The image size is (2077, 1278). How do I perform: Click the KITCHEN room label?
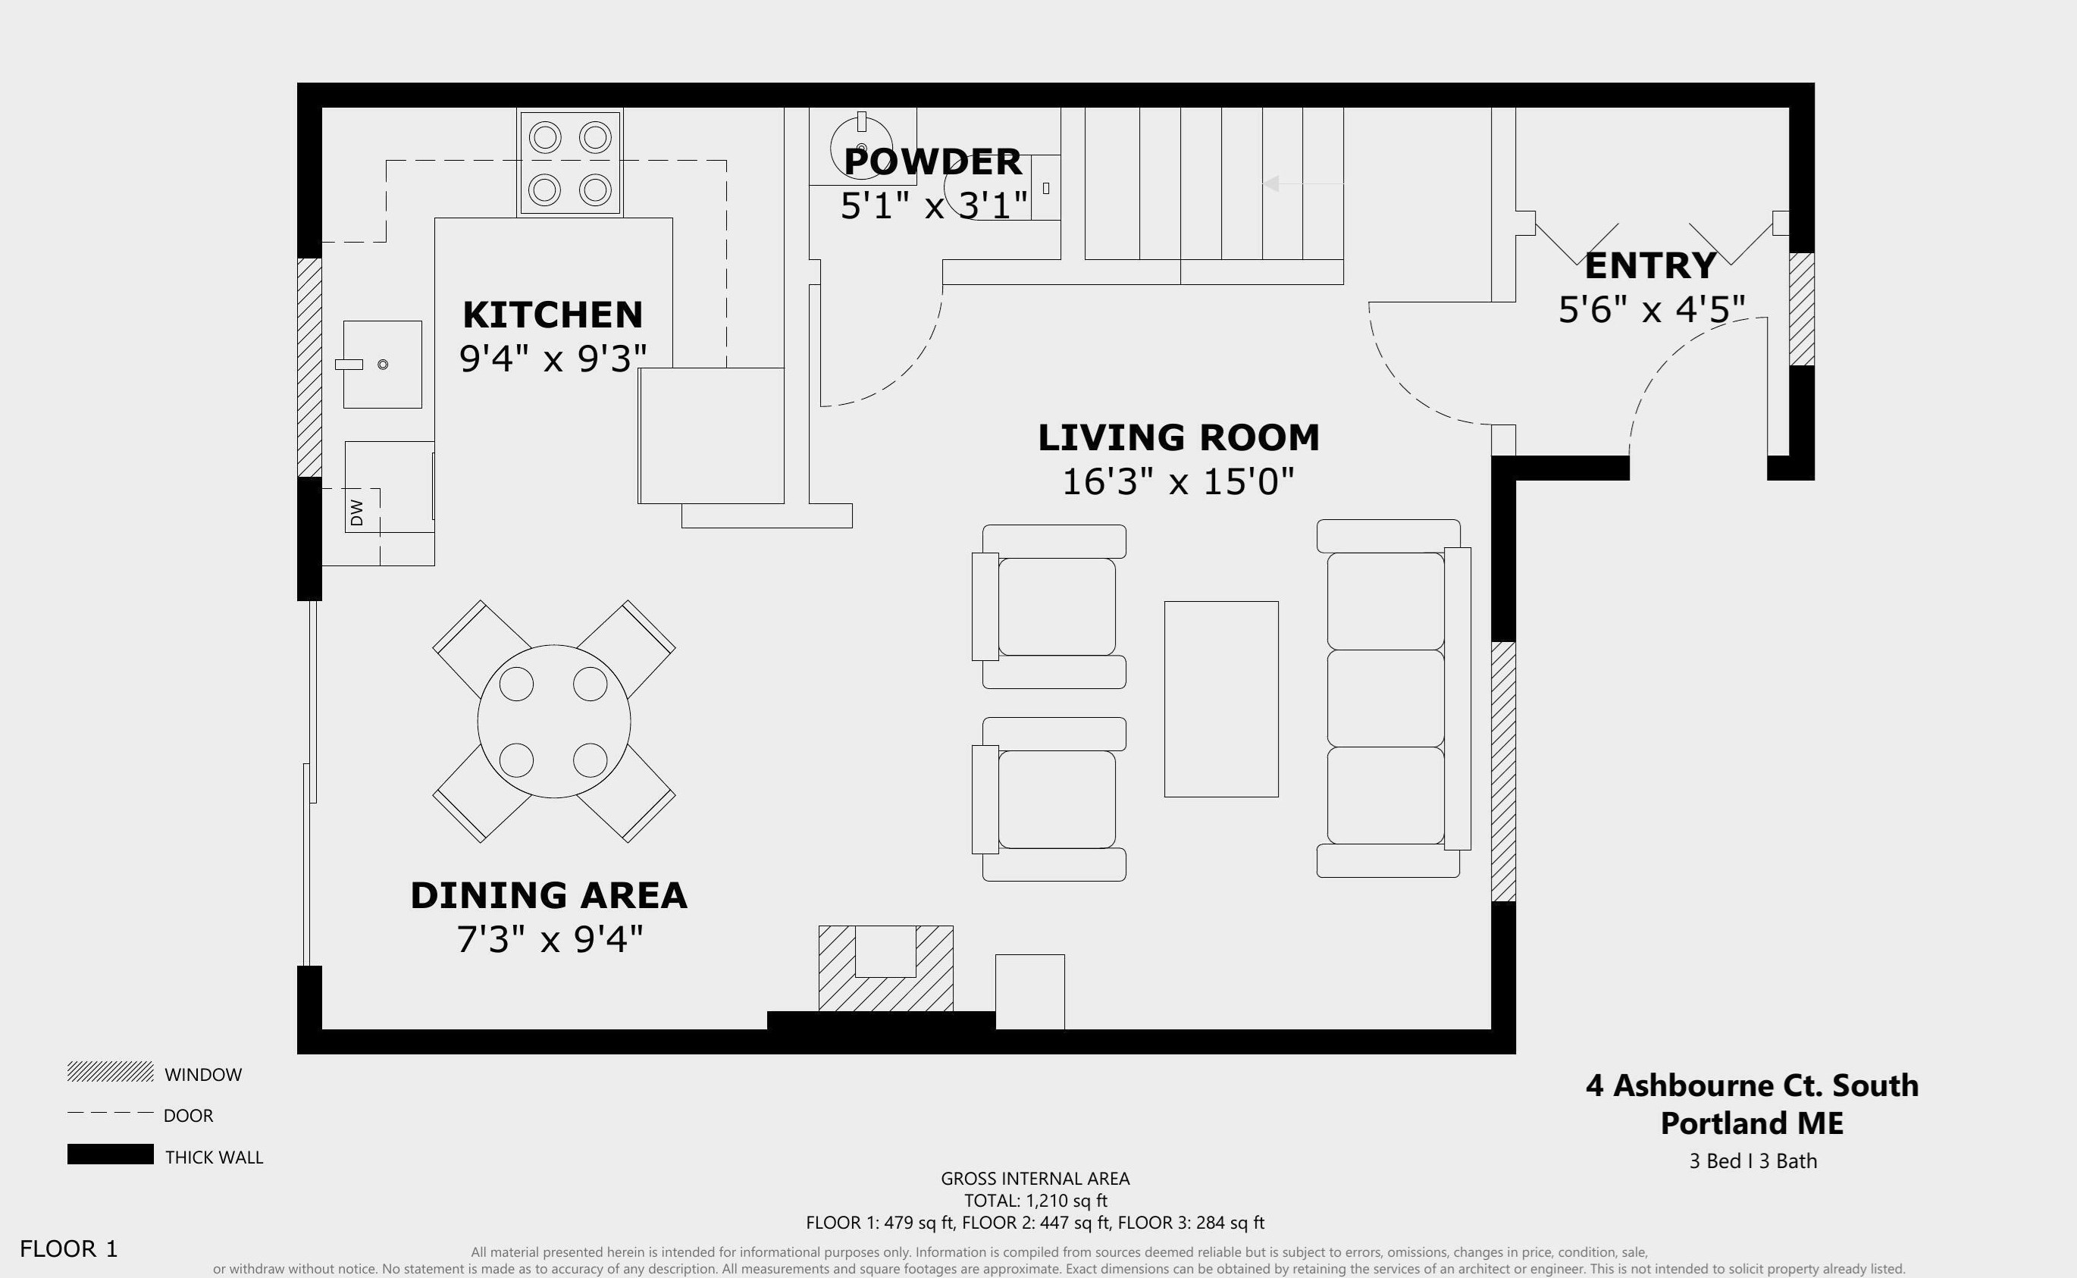tap(553, 315)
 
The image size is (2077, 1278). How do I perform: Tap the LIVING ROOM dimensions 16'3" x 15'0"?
tap(1178, 482)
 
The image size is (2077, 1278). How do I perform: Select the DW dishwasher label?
tap(356, 512)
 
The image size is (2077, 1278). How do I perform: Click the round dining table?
tap(553, 721)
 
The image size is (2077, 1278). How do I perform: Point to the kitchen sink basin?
tap(382, 365)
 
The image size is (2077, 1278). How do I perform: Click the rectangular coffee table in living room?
tap(1221, 699)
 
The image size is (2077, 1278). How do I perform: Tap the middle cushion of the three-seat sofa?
tap(1385, 698)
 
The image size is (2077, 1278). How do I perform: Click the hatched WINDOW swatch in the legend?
tap(110, 1073)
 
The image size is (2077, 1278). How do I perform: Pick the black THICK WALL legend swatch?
tap(110, 1154)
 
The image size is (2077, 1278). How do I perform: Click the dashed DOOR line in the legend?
tap(110, 1114)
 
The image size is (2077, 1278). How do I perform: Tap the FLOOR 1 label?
tap(68, 1248)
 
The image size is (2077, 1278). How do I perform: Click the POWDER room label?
tap(933, 161)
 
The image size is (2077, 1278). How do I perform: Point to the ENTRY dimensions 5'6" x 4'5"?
tap(1651, 309)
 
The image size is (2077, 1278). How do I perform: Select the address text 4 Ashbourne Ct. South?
tap(1752, 1085)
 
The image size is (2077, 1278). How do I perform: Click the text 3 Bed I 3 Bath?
tap(1753, 1161)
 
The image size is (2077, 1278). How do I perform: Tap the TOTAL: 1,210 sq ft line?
tap(1035, 1200)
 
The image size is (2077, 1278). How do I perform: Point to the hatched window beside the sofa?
tap(1502, 771)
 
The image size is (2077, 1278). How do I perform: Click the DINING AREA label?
tap(548, 896)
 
